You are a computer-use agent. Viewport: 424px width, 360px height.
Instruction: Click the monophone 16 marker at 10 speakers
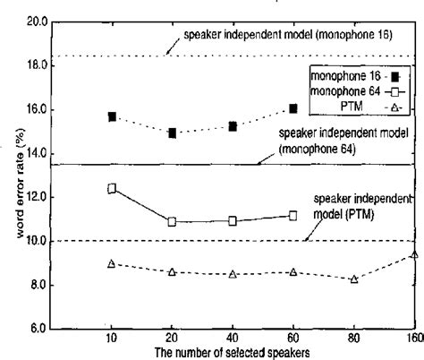pyautogui.click(x=112, y=116)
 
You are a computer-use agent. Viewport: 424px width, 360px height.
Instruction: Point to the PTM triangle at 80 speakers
pyautogui.click(x=354, y=279)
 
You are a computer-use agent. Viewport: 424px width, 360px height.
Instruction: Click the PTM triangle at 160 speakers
pyautogui.click(x=413, y=254)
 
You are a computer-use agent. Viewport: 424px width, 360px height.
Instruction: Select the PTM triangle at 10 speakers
pyautogui.click(x=112, y=263)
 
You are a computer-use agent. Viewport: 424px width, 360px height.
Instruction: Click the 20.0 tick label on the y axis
pyautogui.click(x=37, y=21)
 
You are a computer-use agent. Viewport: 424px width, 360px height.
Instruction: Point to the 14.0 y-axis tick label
pyautogui.click(x=37, y=153)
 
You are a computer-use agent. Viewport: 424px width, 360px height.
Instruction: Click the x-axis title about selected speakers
pyautogui.click(x=232, y=353)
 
